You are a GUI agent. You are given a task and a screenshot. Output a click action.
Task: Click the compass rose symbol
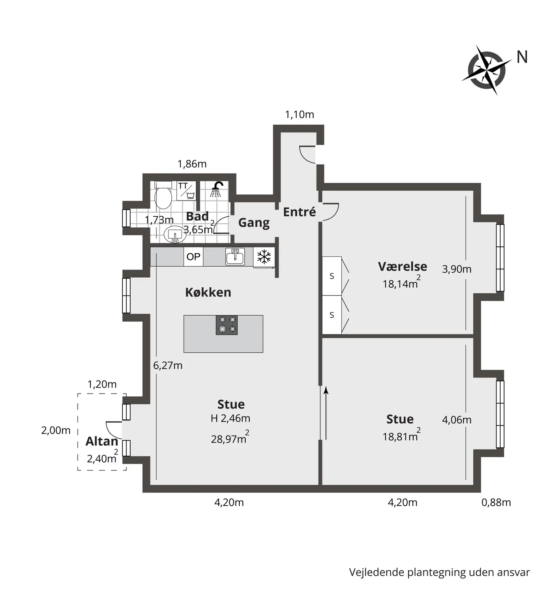click(x=486, y=70)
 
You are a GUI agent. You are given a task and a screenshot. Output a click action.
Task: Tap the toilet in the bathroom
click(x=163, y=195)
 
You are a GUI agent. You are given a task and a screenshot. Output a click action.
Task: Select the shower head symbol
click(x=216, y=189)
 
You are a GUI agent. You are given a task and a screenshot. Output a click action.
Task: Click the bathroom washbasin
click(x=175, y=235)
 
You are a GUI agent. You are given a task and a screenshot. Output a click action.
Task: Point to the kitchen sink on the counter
click(x=235, y=256)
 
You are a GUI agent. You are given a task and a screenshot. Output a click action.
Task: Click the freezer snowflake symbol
click(x=264, y=257)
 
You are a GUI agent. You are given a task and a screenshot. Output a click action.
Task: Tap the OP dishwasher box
click(x=193, y=257)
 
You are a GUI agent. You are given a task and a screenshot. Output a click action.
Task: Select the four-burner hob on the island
click(x=227, y=325)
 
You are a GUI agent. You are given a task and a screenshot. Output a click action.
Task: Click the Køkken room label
click(x=208, y=292)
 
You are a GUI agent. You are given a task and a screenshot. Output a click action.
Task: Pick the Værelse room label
click(x=402, y=266)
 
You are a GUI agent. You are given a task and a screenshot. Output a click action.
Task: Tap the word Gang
click(x=254, y=223)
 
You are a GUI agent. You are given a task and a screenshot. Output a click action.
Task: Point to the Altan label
click(x=102, y=441)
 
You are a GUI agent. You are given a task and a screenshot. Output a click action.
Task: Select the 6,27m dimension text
click(x=168, y=366)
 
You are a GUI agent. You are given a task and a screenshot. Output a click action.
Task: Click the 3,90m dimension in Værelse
click(x=457, y=269)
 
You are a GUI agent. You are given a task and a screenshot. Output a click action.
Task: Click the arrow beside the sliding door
click(x=326, y=413)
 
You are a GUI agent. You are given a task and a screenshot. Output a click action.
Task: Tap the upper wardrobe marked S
click(x=332, y=276)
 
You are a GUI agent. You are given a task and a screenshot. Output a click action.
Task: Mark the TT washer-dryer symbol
click(x=186, y=190)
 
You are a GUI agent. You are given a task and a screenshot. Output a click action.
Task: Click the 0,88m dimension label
click(x=496, y=503)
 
